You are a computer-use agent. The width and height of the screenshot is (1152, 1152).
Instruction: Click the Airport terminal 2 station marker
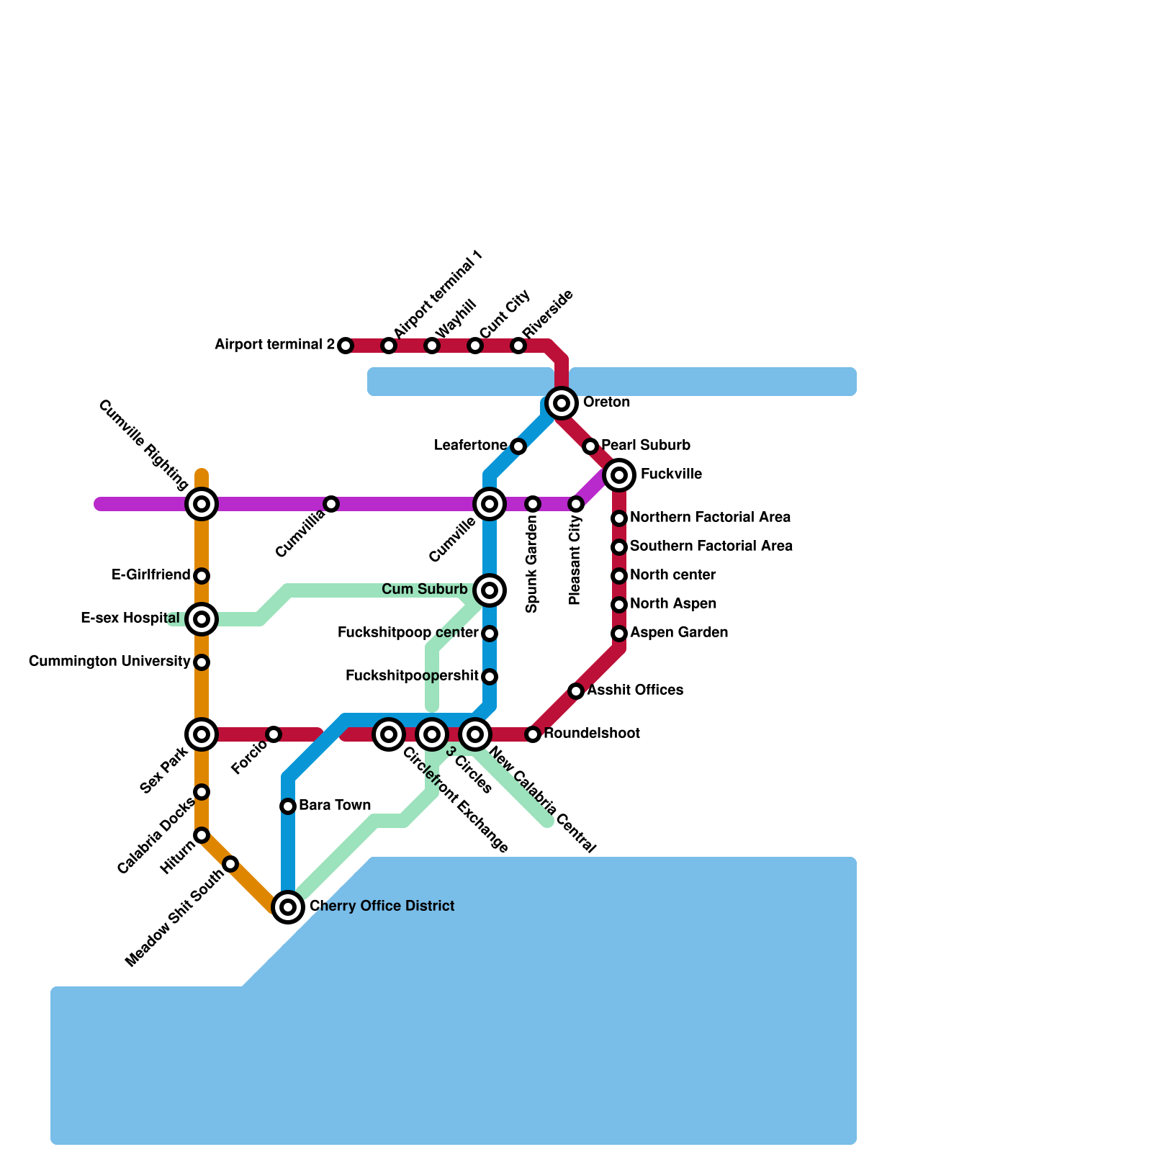click(346, 346)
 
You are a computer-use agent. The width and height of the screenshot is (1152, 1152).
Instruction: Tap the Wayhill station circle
click(432, 346)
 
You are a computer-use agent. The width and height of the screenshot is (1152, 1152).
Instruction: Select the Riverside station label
click(549, 314)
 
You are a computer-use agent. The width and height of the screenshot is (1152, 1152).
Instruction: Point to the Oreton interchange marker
click(562, 403)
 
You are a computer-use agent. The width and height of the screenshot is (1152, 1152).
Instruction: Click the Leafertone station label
click(471, 446)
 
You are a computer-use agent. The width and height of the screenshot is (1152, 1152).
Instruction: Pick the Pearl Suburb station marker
click(590, 446)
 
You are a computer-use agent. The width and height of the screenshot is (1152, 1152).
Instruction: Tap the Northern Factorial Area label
click(710, 517)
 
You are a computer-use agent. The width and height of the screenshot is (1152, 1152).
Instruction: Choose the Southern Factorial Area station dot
click(619, 547)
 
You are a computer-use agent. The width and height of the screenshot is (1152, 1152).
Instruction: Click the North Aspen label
click(673, 603)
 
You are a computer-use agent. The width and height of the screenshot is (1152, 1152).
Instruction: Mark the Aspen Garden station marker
click(619, 634)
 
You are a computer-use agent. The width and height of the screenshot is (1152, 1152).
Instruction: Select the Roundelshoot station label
click(592, 733)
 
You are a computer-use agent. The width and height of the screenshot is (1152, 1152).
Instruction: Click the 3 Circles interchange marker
click(432, 734)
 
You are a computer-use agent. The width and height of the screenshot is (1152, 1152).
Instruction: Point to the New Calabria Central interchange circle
click(475, 734)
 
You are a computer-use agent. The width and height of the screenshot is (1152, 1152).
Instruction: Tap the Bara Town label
click(335, 805)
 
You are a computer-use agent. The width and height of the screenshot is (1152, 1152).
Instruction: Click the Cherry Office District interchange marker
click(288, 907)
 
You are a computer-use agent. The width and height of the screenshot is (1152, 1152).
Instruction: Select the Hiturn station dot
click(202, 835)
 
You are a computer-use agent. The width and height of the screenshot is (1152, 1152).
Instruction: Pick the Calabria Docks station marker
click(202, 792)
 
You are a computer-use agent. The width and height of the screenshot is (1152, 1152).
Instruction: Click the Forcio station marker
click(274, 734)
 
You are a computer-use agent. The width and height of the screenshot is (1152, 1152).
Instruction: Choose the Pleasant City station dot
click(576, 504)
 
